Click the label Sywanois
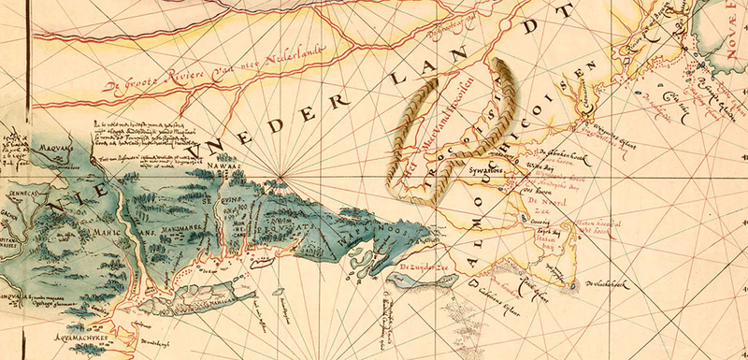tap(487, 172)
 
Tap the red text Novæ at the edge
tap(728, 40)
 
